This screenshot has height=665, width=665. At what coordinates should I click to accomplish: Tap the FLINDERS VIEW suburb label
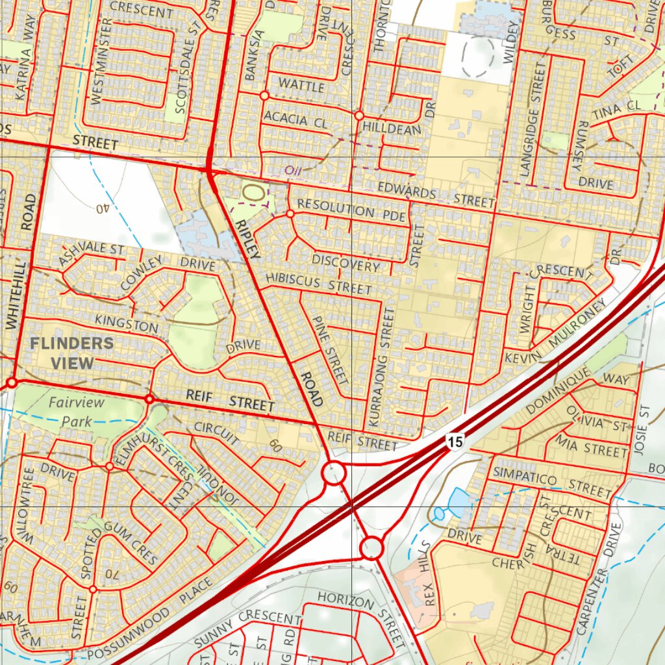tap(71, 353)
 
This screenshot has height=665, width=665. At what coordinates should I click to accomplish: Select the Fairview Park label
tap(77, 411)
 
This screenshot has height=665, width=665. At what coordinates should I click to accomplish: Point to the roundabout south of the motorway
tap(372, 548)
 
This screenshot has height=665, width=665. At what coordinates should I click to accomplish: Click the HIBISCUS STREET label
tap(318, 284)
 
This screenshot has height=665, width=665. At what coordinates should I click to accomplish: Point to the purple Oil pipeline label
tap(293, 170)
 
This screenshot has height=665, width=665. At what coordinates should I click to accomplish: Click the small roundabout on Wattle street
tap(264, 95)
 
